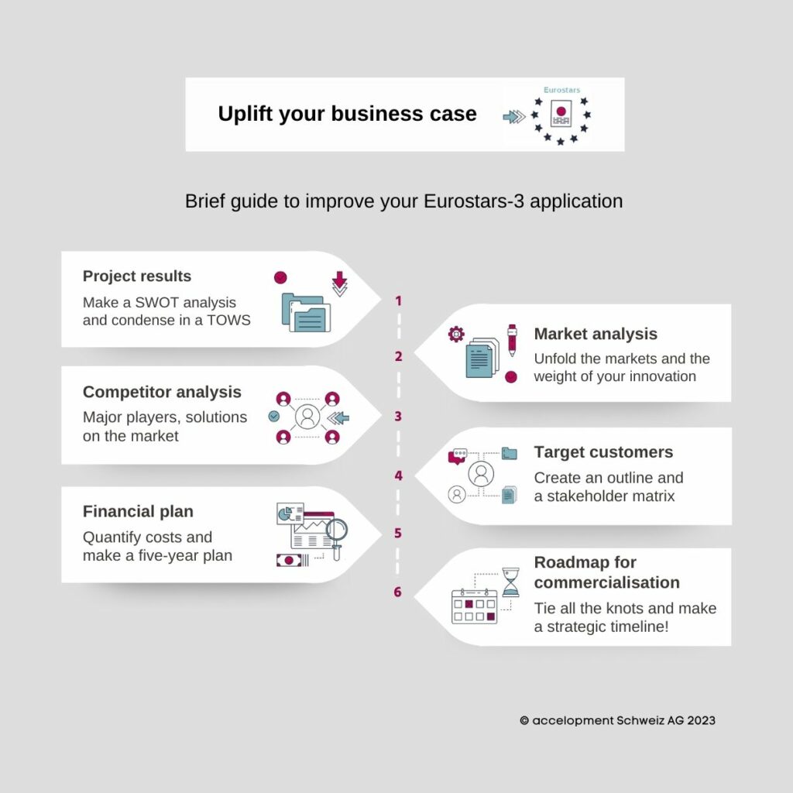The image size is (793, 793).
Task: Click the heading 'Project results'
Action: pos(137,276)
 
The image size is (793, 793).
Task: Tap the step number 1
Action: pos(399,301)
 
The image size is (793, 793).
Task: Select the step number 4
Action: pos(399,475)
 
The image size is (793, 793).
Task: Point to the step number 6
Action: pos(397,592)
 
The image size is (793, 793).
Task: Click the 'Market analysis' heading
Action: pos(596,334)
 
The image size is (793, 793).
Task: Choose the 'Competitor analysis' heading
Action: pos(162,392)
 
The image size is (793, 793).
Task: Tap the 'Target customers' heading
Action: pos(603,451)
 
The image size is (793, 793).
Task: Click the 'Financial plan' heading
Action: pos(138,511)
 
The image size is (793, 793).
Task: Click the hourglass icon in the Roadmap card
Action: pos(510,582)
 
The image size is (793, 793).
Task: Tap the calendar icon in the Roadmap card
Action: pos(475,606)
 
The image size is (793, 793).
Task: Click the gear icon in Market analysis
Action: pos(456,334)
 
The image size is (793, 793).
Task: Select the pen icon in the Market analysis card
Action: pos(513,340)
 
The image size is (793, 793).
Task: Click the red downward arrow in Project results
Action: pos(339,280)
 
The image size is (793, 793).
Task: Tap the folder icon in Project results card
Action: pos(306,313)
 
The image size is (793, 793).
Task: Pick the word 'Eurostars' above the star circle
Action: pos(562,90)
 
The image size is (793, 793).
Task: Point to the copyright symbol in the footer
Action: pos(524,720)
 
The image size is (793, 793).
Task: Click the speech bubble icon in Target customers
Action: pos(458,455)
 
